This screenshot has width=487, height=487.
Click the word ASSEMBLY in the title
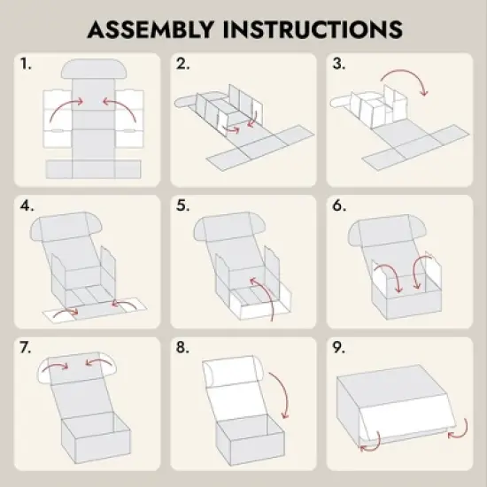click(151, 29)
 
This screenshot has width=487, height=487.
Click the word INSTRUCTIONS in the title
click(313, 29)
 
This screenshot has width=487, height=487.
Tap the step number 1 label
click(26, 64)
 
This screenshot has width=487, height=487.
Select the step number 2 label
click(182, 64)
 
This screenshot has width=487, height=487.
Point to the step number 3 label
click(338, 64)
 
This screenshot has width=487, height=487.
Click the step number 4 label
click(27, 205)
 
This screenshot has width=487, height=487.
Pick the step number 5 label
click(182, 205)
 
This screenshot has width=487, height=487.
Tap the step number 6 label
click(339, 205)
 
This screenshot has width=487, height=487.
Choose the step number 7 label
click(26, 347)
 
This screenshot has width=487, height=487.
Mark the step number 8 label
click(182, 347)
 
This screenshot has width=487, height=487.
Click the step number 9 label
click(339, 347)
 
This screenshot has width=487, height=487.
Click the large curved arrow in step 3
click(407, 71)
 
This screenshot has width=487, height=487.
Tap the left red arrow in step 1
click(64, 104)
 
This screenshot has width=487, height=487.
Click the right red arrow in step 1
click(123, 104)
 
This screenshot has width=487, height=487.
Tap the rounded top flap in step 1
click(94, 69)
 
